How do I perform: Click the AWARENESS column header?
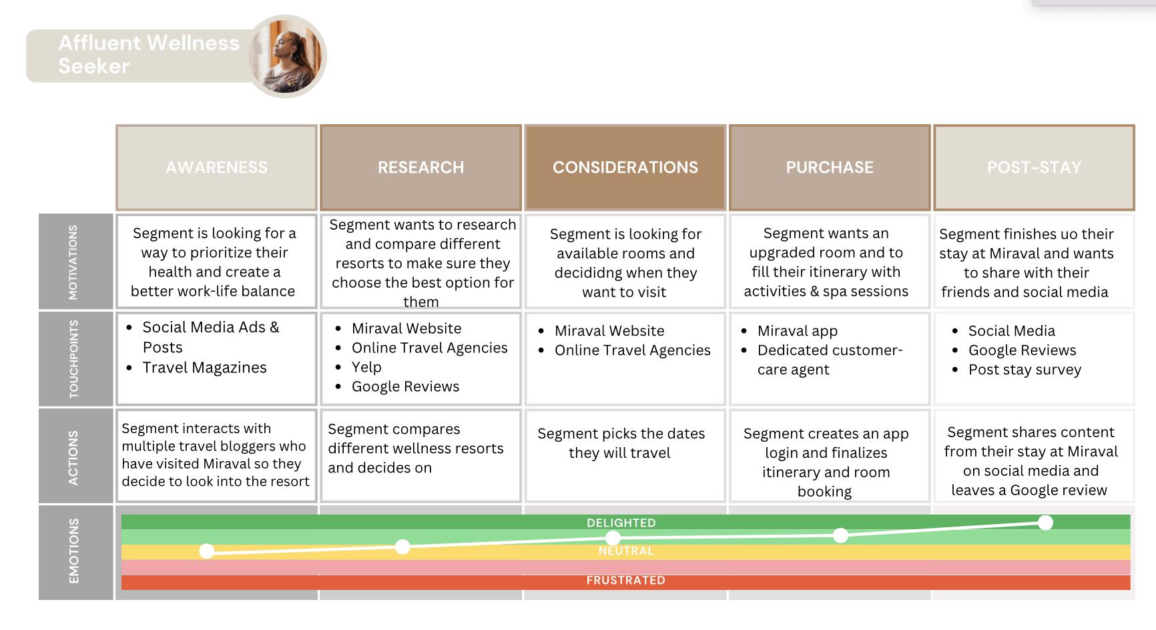(x=216, y=168)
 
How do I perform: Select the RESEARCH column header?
(x=420, y=168)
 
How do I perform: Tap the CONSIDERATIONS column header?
(x=625, y=168)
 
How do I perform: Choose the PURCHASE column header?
(x=829, y=168)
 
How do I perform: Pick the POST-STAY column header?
(x=1033, y=168)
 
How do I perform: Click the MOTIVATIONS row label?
(x=73, y=262)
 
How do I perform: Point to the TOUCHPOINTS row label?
(x=73, y=359)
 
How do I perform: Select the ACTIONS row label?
(x=73, y=456)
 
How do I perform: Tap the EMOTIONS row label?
(x=73, y=551)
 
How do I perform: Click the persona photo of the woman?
(x=288, y=57)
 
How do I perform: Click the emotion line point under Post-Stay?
(x=1045, y=523)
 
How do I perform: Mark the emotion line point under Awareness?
(x=207, y=551)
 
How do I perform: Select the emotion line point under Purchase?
(x=840, y=535)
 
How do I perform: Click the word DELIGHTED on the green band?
(x=621, y=523)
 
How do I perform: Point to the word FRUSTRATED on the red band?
(x=625, y=581)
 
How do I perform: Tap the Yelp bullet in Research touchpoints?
(x=366, y=367)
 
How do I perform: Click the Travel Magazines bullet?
(x=204, y=368)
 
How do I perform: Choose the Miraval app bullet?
(x=797, y=331)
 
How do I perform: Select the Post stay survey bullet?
(x=1025, y=370)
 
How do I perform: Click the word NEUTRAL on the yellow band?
(x=625, y=551)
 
